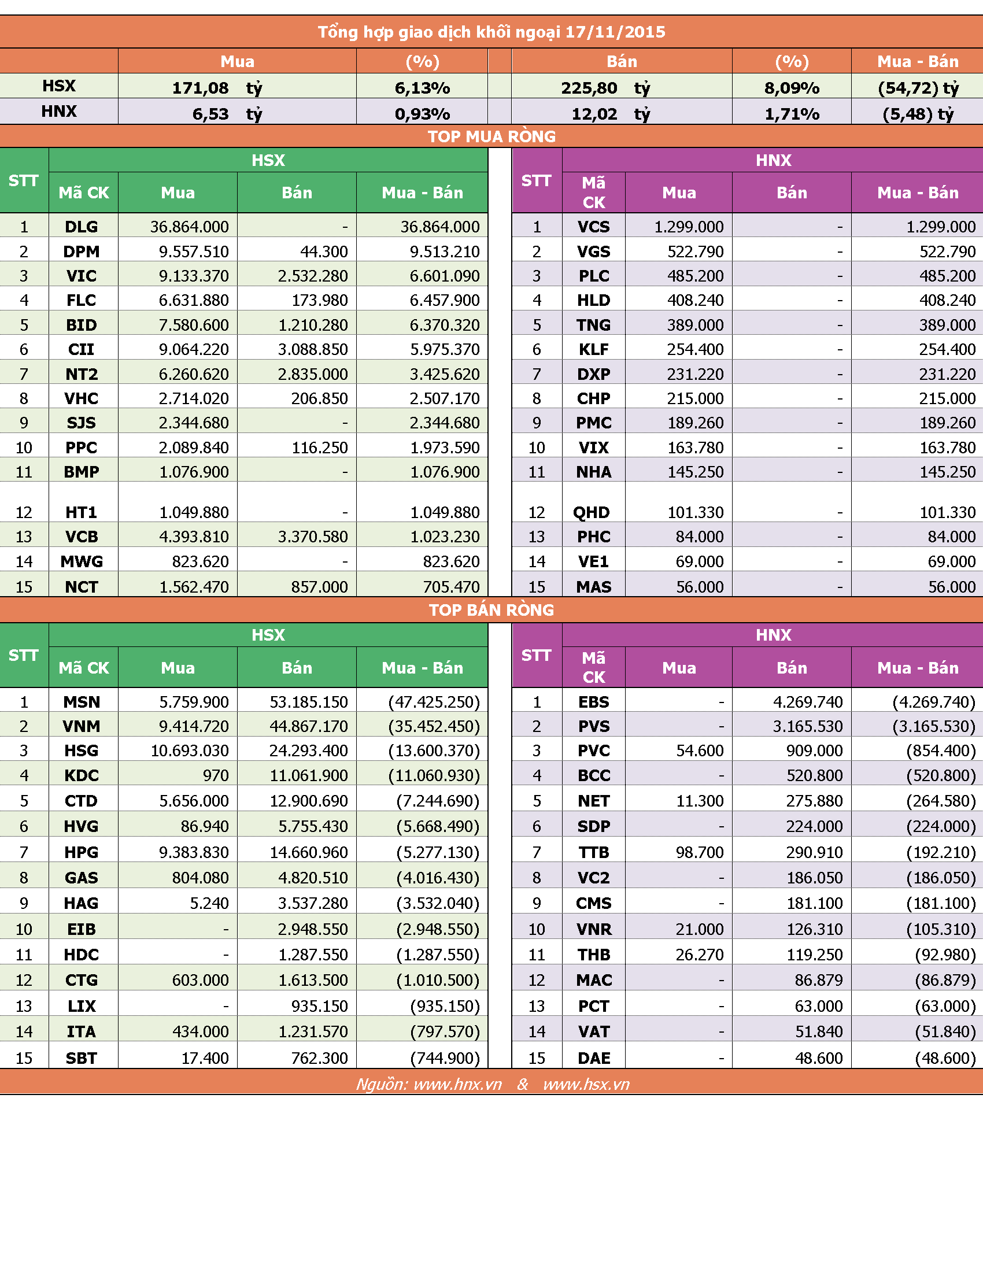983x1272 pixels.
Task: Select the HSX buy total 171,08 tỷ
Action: point(217,88)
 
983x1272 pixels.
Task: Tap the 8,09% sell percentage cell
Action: point(792,88)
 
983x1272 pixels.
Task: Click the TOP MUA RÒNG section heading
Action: point(491,136)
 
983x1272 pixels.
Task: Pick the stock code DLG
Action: point(82,227)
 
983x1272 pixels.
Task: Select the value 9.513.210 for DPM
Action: point(445,252)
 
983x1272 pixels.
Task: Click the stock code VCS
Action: point(593,227)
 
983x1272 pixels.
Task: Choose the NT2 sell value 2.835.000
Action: point(313,374)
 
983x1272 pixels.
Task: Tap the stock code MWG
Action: point(82,561)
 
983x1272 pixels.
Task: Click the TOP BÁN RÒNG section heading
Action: point(491,610)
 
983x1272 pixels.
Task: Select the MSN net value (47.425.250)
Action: point(434,702)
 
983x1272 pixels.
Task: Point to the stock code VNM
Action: point(82,726)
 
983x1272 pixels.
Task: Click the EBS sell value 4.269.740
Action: point(808,702)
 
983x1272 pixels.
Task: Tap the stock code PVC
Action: point(593,750)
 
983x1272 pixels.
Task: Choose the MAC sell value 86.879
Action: point(819,980)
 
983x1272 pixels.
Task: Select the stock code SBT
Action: point(82,1058)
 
